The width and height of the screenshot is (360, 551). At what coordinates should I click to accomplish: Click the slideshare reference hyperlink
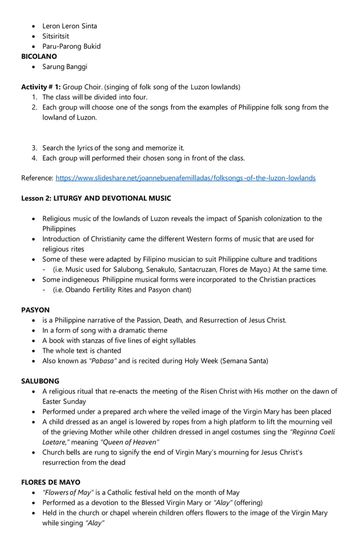[x=186, y=178]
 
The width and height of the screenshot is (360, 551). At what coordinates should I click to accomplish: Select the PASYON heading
[x=36, y=310]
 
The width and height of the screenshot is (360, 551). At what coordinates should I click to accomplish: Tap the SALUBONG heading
[x=40, y=381]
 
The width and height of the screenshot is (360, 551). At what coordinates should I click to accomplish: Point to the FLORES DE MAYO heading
[x=51, y=482]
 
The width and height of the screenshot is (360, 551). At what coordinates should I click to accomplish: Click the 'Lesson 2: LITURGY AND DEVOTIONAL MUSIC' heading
[x=96, y=198]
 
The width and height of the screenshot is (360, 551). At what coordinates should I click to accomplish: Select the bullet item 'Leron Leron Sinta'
[x=69, y=26]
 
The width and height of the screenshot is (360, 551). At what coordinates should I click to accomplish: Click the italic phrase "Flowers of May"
[x=67, y=492]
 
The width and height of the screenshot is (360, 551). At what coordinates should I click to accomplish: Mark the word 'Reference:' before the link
[x=37, y=178]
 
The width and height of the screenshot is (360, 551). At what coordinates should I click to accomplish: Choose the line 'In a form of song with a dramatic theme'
[x=104, y=330]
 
